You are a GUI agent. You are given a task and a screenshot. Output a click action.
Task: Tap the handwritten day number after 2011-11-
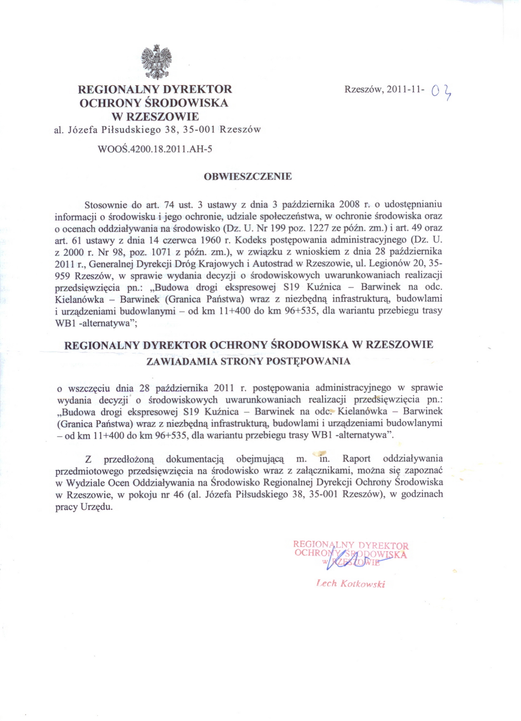pos(442,92)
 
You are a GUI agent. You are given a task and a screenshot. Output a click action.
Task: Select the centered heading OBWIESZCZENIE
pos(248,177)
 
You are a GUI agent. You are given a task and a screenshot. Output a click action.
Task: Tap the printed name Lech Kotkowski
pos(351,584)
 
